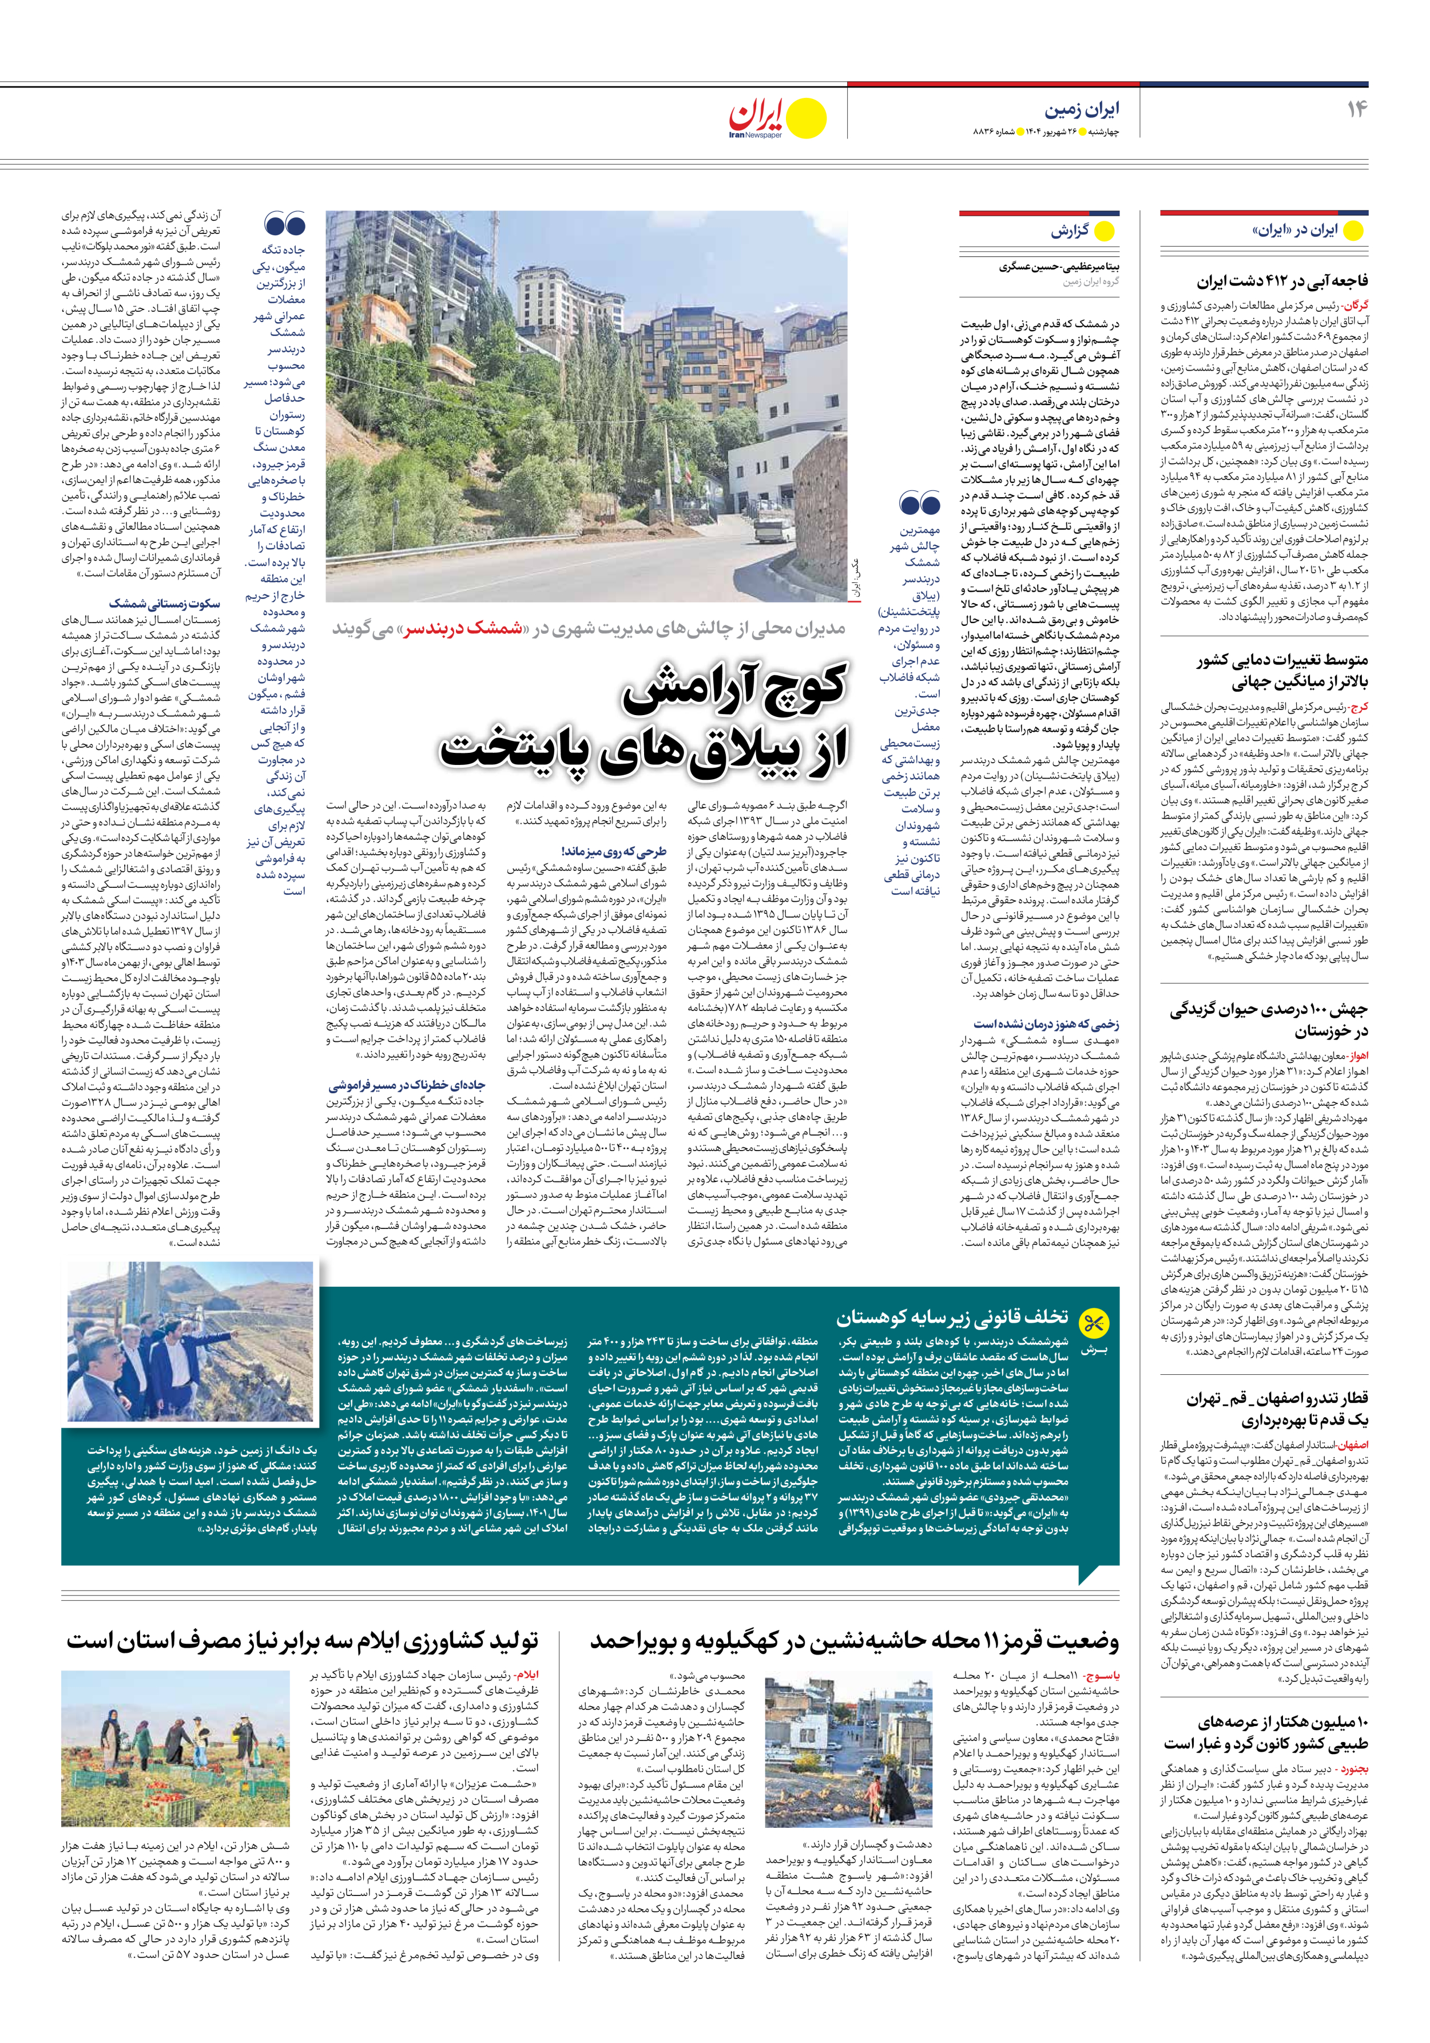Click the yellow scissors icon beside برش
[1093, 1323]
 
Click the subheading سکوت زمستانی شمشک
[165, 604]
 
